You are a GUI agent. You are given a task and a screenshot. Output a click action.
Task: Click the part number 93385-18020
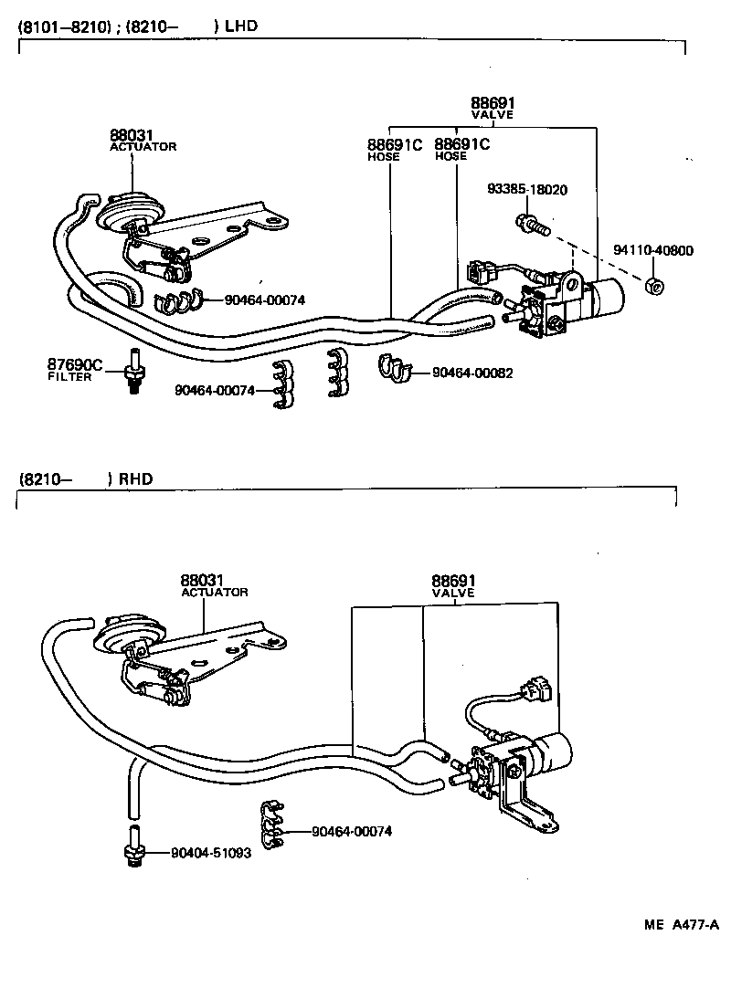(527, 190)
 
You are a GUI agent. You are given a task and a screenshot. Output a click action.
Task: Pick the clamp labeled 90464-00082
(394, 368)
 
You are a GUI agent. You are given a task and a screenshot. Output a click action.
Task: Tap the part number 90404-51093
(211, 854)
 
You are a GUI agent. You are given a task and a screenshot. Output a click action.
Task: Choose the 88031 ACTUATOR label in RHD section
(214, 585)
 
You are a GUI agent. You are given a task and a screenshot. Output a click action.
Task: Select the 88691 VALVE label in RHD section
(453, 585)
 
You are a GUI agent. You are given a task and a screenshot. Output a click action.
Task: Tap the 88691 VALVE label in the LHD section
(493, 108)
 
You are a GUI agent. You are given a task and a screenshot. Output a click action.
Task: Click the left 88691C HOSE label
(395, 149)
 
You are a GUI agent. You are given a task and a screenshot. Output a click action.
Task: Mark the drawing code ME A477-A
(682, 924)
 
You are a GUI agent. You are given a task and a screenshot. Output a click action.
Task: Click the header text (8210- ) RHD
(86, 478)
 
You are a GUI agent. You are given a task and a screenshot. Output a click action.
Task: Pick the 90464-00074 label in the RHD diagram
(352, 831)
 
